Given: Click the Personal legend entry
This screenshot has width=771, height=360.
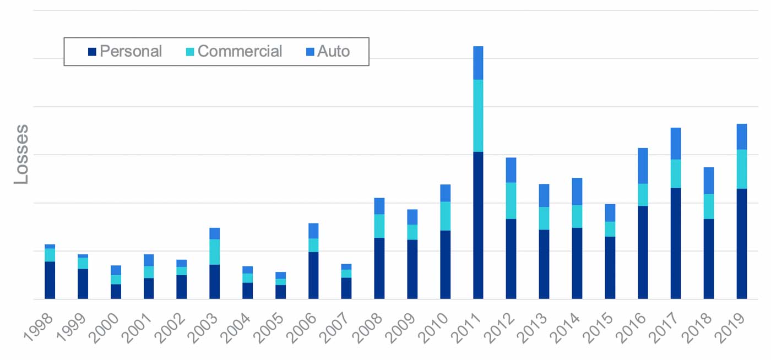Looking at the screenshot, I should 125,52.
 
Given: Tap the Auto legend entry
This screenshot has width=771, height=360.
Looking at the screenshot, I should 328,52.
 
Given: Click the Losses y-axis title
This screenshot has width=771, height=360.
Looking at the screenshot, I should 21,155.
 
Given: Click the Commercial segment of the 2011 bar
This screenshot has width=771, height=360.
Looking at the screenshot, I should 478,116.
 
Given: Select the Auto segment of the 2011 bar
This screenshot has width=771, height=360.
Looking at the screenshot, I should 478,63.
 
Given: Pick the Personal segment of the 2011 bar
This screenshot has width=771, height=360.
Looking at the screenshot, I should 478,225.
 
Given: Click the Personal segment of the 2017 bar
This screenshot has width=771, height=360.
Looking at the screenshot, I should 676,243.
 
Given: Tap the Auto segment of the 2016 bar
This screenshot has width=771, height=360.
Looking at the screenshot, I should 643,166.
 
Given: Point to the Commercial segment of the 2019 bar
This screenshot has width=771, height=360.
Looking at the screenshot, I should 742,169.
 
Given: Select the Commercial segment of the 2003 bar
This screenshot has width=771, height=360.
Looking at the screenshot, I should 214,252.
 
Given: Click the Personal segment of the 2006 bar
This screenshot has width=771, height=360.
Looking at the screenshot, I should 313,275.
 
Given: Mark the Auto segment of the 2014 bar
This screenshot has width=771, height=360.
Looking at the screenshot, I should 577,192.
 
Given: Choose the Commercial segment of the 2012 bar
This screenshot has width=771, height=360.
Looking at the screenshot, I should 511,200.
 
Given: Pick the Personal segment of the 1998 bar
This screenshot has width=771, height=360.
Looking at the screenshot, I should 50,280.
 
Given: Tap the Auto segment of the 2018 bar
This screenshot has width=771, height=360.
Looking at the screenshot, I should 709,181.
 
